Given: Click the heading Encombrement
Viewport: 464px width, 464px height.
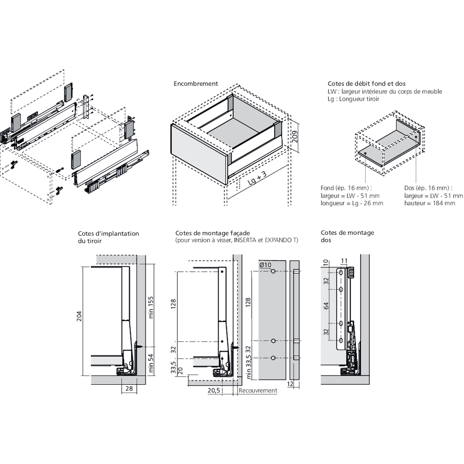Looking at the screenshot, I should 195,84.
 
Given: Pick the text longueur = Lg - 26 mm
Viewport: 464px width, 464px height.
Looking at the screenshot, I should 352,203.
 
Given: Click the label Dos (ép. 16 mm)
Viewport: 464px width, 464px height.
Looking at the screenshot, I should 427,188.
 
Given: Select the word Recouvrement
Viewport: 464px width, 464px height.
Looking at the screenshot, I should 258,391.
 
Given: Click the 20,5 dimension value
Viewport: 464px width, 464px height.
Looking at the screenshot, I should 213,391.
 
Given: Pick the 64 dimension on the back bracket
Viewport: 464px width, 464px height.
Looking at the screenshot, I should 326,306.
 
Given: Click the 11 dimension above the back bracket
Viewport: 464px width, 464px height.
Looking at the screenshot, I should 344,260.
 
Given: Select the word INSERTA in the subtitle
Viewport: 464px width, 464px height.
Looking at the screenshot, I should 245,240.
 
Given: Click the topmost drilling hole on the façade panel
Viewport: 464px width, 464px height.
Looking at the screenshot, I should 273,271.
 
